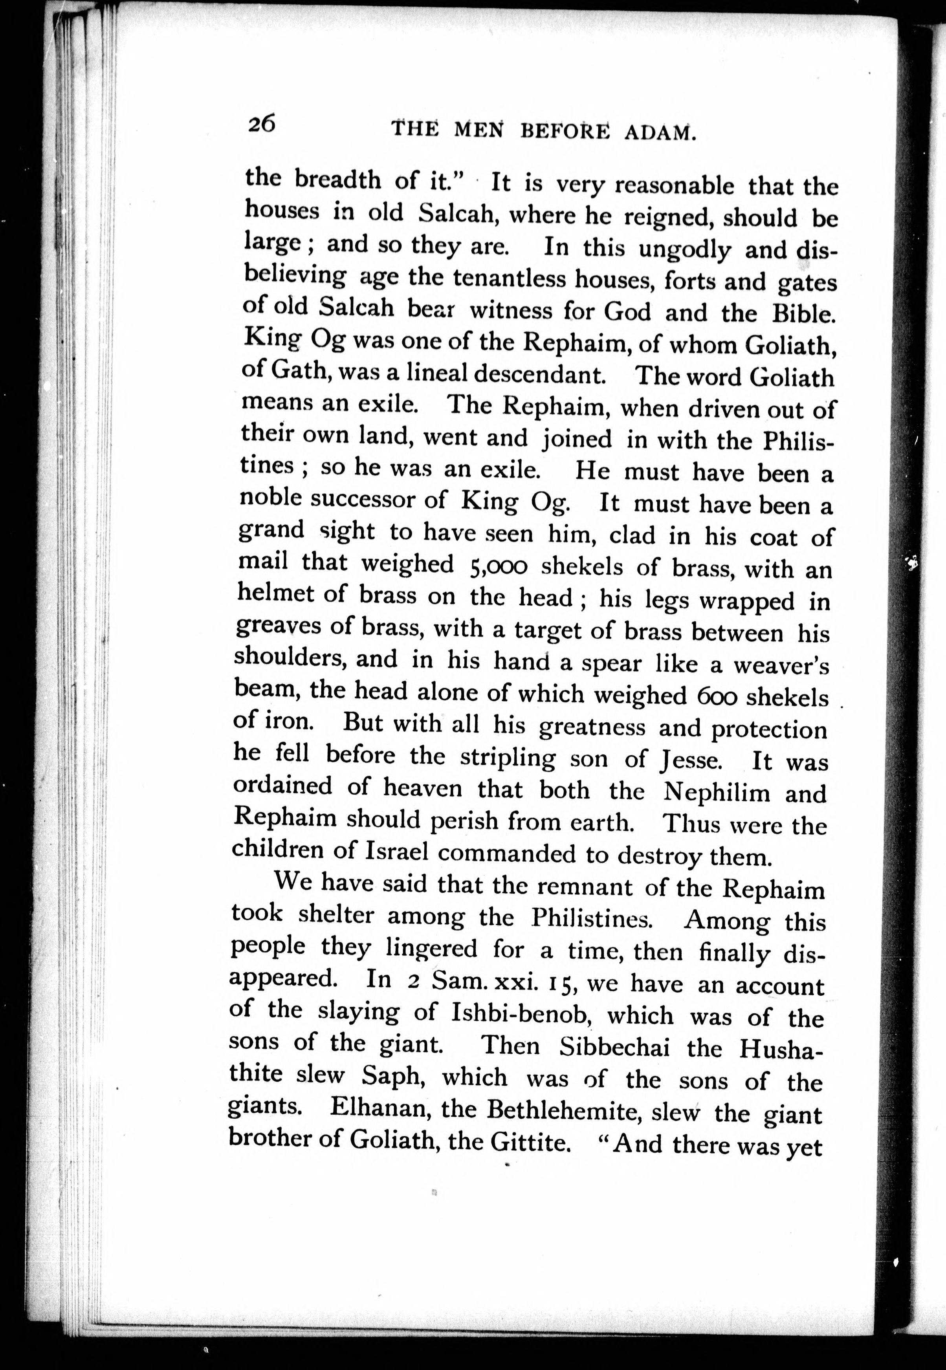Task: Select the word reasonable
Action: tap(675, 186)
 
